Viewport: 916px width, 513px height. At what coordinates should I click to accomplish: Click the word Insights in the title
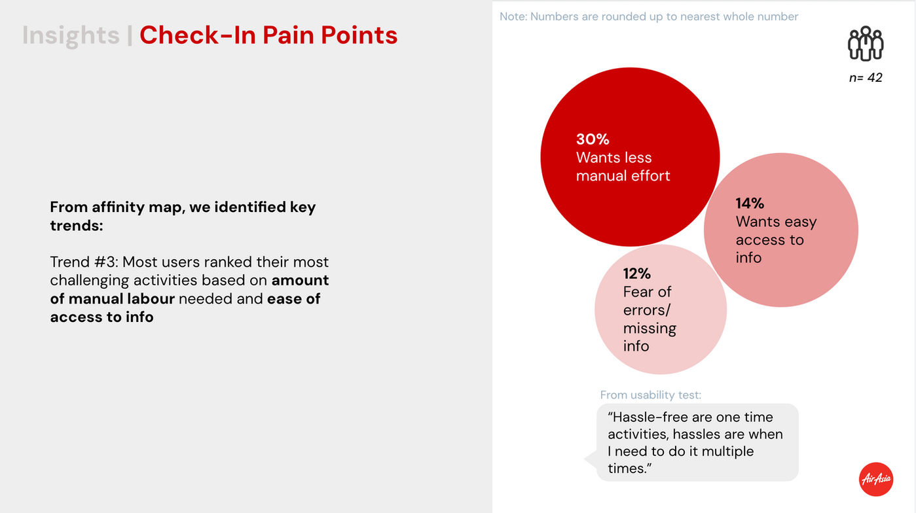point(71,35)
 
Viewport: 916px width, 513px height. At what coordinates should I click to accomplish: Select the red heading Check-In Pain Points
point(268,35)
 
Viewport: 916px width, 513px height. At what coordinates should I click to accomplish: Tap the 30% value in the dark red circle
point(593,139)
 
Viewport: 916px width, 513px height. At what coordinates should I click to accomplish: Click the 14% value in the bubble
point(750,203)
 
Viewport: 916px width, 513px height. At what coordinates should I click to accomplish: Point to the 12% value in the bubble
point(636,274)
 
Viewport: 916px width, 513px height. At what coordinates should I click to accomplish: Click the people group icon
point(865,44)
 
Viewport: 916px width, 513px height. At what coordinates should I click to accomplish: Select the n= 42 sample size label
point(865,78)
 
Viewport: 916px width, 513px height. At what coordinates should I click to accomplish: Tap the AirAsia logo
point(875,479)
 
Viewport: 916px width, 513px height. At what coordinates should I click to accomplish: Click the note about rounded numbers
point(648,16)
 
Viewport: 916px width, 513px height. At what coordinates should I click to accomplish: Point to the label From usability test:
point(650,395)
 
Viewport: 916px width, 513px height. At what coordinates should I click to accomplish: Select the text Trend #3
point(82,262)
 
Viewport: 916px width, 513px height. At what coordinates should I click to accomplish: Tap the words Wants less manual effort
point(622,167)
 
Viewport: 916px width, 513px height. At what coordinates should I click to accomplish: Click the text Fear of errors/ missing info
point(649,319)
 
